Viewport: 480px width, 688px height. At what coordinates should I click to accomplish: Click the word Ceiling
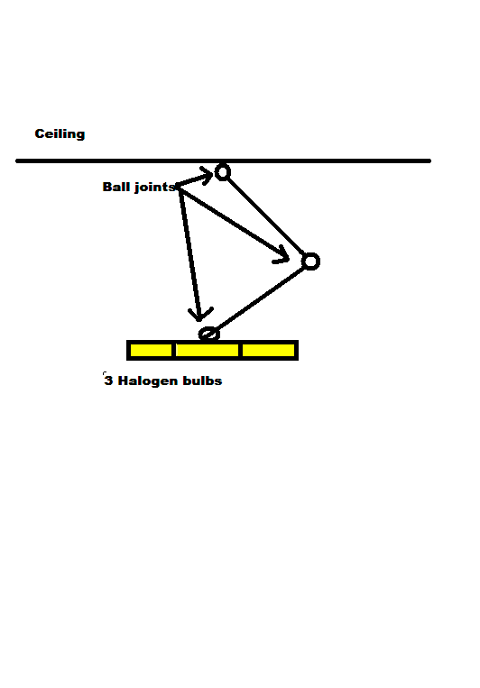point(60,133)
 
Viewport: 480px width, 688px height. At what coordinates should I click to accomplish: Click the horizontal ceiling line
point(223,161)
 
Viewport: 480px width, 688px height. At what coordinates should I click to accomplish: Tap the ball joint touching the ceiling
point(223,172)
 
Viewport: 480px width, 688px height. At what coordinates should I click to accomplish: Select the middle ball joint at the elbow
point(310,261)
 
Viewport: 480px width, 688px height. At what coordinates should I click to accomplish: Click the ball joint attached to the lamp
point(209,334)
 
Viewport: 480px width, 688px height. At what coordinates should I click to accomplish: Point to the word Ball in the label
point(116,187)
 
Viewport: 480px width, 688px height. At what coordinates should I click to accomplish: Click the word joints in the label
point(154,188)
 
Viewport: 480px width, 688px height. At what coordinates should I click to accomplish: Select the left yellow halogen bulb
point(151,350)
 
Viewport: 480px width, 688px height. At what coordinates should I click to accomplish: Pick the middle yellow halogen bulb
point(207,350)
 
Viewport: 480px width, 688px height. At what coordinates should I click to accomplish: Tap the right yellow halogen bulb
point(268,350)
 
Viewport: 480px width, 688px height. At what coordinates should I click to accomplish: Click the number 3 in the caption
point(108,381)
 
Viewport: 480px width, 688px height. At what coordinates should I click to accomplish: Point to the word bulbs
point(202,381)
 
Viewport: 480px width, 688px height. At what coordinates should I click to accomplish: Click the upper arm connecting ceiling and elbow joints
point(266,216)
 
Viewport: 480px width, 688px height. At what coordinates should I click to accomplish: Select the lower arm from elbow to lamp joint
point(261,298)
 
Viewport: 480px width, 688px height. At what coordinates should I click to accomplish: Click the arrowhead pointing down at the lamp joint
point(200,313)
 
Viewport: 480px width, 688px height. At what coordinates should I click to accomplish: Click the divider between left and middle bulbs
point(174,350)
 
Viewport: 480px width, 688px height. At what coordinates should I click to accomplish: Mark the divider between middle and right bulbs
point(240,350)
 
